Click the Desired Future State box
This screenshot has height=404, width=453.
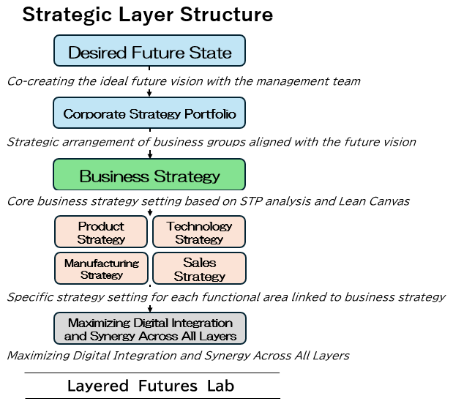click(x=149, y=52)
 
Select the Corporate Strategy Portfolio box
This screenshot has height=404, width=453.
click(x=149, y=113)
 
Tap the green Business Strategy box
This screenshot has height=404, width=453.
click(x=149, y=176)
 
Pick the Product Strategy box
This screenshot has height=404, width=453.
click(x=101, y=232)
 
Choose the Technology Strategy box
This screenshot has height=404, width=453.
click(x=199, y=232)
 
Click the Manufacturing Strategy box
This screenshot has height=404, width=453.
click(x=101, y=269)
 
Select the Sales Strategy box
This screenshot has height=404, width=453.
click(x=199, y=269)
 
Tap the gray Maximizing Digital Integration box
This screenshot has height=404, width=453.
click(x=149, y=329)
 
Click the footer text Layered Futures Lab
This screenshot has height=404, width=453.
click(x=151, y=386)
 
